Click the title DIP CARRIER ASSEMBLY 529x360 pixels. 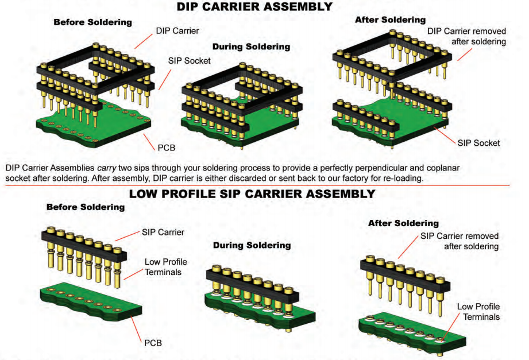(254, 7)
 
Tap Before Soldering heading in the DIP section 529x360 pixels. (92, 22)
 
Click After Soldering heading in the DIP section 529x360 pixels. (390, 20)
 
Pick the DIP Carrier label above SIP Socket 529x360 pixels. (177, 30)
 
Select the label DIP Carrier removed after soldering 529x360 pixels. (466, 36)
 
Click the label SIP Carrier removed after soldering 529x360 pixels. (460, 241)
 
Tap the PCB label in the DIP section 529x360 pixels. (166, 148)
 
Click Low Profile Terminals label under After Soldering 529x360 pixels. (478, 312)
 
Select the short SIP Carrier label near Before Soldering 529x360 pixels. (163, 233)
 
